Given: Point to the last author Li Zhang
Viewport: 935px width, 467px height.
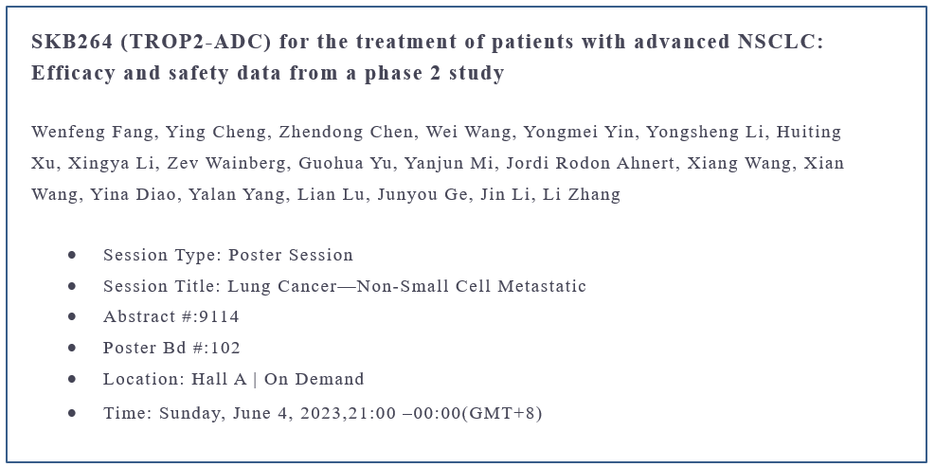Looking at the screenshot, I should [x=582, y=194].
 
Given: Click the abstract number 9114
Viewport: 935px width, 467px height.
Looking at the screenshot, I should [x=220, y=316].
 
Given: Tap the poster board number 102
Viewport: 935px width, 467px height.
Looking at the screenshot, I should [x=225, y=348].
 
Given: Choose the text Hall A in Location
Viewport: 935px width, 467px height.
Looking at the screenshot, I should [x=219, y=379].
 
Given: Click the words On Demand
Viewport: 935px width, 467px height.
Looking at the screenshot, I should [x=315, y=379].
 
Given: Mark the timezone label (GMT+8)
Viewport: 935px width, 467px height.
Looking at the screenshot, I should [x=502, y=413].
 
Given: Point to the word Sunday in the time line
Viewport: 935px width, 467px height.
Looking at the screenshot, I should [x=190, y=413].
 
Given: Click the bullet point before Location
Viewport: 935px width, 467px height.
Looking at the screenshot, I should [x=72, y=379].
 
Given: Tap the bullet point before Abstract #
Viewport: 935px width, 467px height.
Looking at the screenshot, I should [x=72, y=316].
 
